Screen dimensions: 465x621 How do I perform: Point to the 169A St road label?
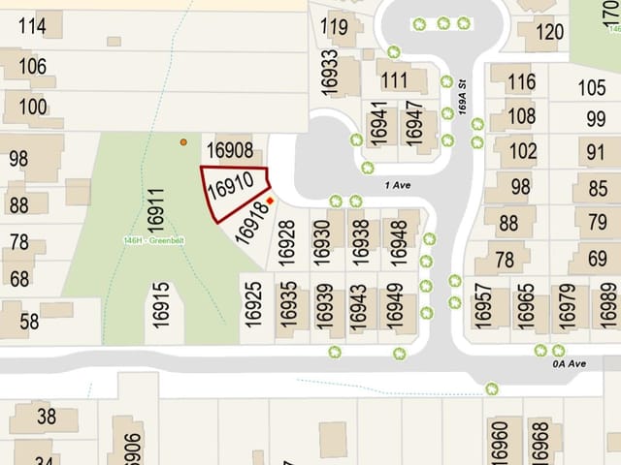[x=464, y=98]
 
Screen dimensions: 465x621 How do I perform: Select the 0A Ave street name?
[x=566, y=364]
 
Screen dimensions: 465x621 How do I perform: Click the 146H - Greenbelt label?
[x=152, y=241]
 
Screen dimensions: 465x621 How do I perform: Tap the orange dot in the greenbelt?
[x=183, y=142]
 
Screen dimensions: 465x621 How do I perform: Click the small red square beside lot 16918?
[x=271, y=201]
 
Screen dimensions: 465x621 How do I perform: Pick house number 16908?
[x=230, y=151]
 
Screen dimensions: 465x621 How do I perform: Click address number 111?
[x=395, y=79]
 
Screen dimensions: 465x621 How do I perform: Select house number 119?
[x=335, y=26]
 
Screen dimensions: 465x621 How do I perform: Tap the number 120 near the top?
[x=548, y=32]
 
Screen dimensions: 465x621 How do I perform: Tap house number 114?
[x=32, y=26]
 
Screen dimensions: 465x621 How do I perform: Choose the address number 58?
[x=30, y=321]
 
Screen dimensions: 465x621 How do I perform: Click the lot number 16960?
[x=501, y=442]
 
